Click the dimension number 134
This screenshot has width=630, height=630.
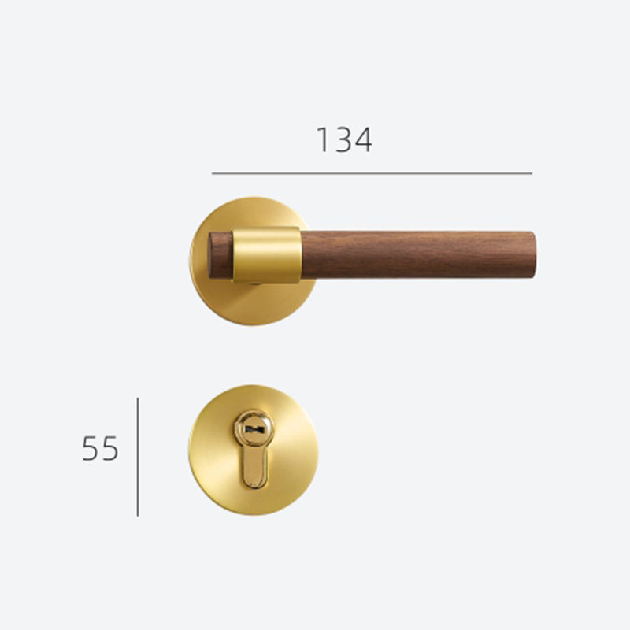pos(344,140)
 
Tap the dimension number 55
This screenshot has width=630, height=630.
pos(100,449)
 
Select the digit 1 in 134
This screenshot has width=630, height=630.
pos(322,140)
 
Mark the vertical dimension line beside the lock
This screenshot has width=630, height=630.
pos(138,457)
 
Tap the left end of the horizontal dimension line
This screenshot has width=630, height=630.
pos(213,173)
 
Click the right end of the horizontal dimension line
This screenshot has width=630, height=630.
pos(531,173)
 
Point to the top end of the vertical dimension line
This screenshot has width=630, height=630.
pos(138,399)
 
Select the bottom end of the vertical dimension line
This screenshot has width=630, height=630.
pos(138,515)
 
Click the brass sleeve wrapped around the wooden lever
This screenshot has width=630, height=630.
pos(267,255)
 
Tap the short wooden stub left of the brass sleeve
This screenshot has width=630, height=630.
pos(220,255)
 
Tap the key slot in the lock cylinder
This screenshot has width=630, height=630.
pos(253,429)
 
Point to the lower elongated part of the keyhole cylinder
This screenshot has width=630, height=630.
pos(253,469)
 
